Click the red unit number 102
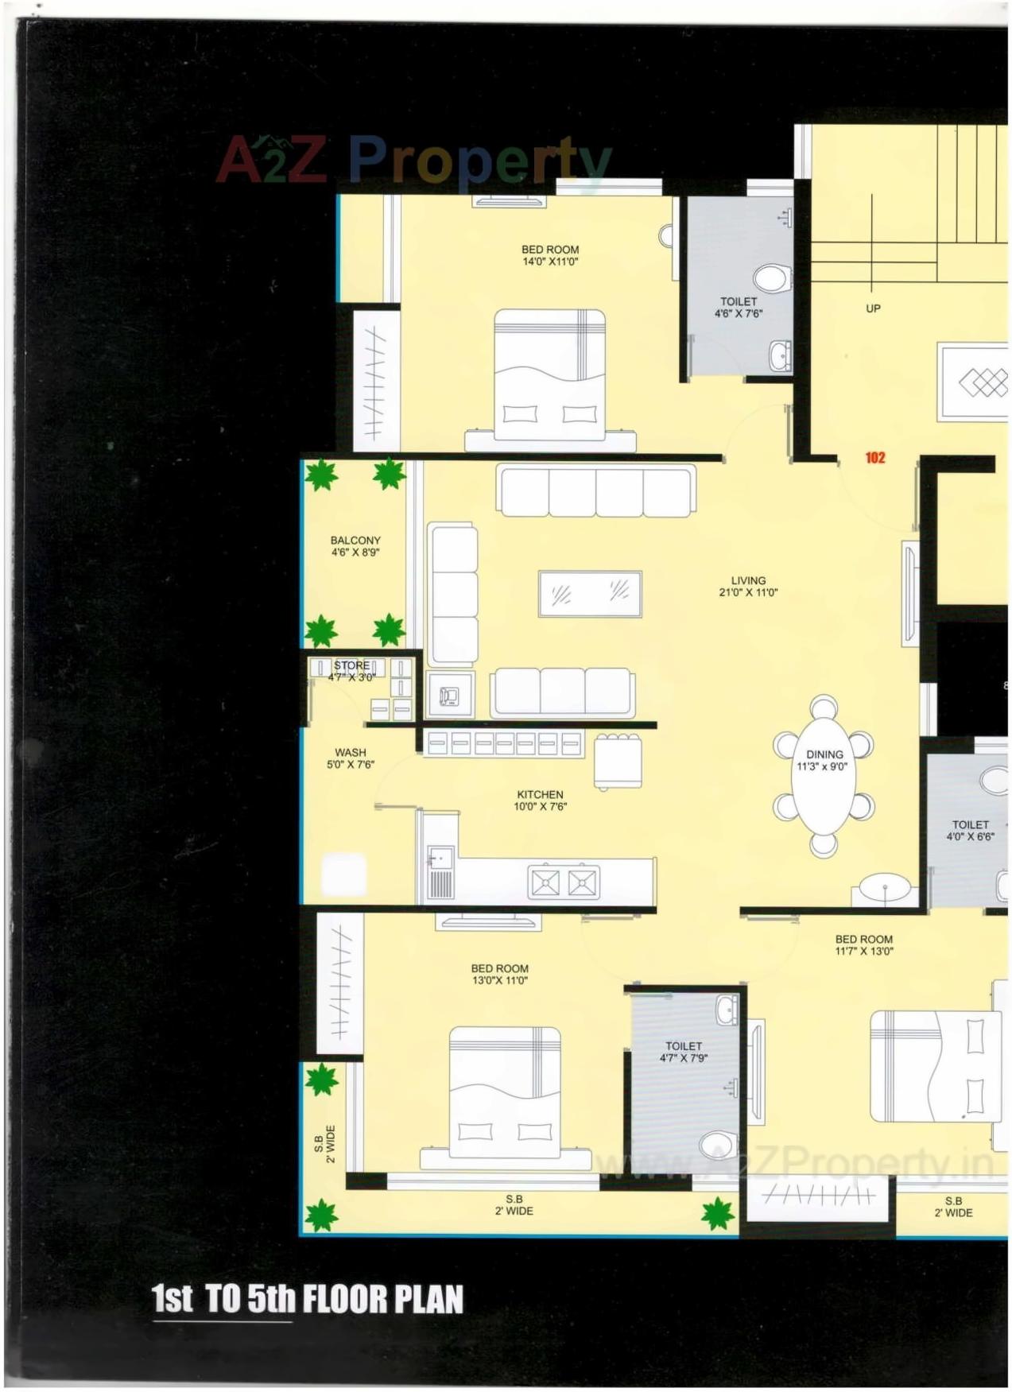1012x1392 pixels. pyautogui.click(x=874, y=457)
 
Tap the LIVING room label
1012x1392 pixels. pyautogui.click(x=748, y=581)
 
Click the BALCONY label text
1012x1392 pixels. pyautogui.click(x=355, y=541)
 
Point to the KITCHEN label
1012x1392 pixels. pyautogui.click(x=540, y=794)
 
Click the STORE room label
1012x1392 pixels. pyautogui.click(x=351, y=665)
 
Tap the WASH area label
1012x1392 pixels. pyautogui.click(x=351, y=752)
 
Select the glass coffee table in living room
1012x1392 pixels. pyautogui.click(x=590, y=593)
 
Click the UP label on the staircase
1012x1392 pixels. pyautogui.click(x=873, y=308)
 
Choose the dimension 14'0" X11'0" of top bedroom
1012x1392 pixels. pyautogui.click(x=550, y=262)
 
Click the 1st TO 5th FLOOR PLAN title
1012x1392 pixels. pyautogui.click(x=308, y=1299)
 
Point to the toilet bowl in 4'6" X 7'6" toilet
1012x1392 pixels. pyautogui.click(x=770, y=278)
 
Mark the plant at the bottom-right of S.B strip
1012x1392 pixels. pyautogui.click(x=718, y=1214)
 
